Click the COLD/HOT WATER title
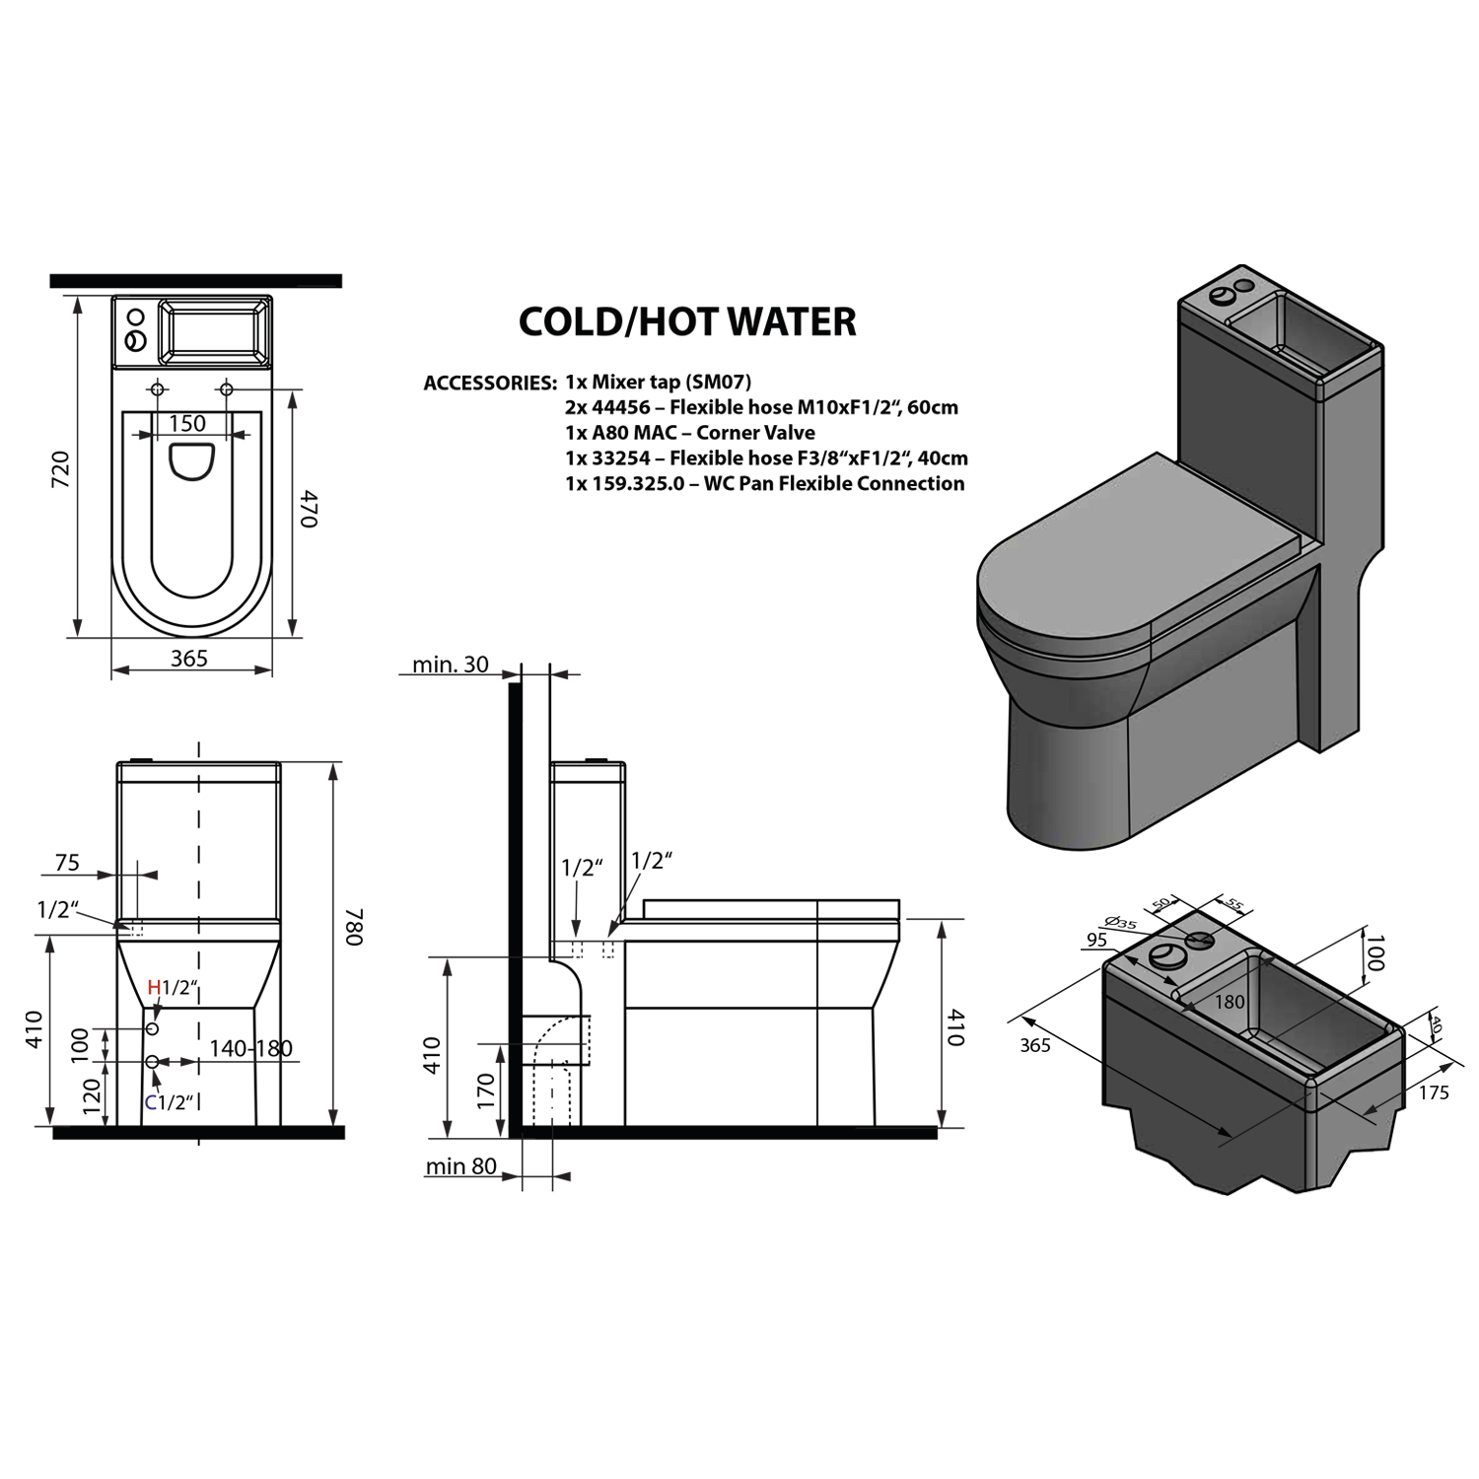click(687, 322)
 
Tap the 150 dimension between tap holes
click(187, 424)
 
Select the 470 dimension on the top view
click(308, 508)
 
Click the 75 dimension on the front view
click(67, 863)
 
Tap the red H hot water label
click(154, 987)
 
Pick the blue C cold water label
click(151, 1102)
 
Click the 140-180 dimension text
click(250, 1048)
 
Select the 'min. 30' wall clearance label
click(450, 665)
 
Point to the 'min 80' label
click(460, 1166)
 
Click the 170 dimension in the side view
click(486, 1092)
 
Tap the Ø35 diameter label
click(1121, 923)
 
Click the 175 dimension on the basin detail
click(1434, 1092)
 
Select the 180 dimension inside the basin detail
click(1230, 1002)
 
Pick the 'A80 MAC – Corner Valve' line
click(690, 432)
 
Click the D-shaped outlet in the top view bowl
click(191, 461)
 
